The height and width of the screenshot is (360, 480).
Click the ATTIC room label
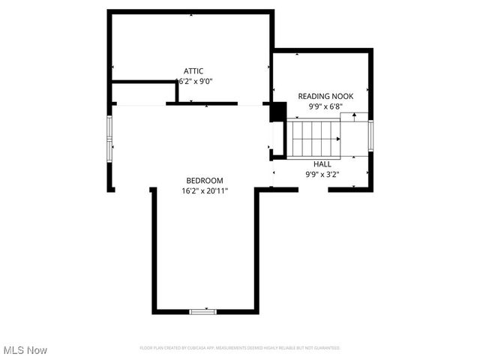[193, 71]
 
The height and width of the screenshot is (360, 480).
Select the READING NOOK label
[325, 96]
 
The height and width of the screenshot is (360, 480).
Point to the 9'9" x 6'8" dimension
[325, 106]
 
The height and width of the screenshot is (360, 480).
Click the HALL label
[322, 163]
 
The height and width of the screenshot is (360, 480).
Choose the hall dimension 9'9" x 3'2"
[322, 174]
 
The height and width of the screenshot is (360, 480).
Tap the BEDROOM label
[205, 181]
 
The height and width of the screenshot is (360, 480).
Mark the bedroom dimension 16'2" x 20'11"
[205, 191]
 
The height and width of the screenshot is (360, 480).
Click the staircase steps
[316, 139]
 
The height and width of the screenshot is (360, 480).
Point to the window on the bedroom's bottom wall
[202, 310]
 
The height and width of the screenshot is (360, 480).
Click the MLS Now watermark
[25, 350]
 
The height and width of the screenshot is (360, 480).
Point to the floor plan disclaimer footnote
[240, 348]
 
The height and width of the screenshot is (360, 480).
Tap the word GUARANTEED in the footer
[325, 348]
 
